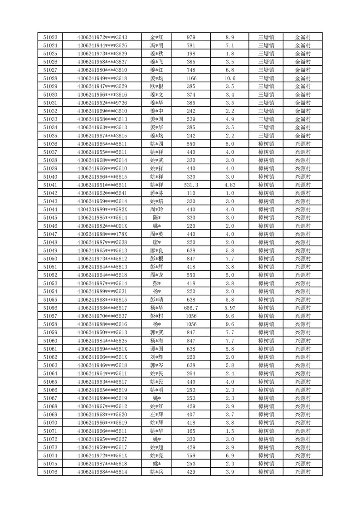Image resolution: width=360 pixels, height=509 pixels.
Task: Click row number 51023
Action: click(50, 37)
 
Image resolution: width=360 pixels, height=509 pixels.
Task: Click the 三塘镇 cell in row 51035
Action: click(266, 136)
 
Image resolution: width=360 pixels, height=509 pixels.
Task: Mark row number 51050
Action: click(50, 259)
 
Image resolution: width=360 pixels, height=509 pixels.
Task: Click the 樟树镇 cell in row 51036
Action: click(266, 144)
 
